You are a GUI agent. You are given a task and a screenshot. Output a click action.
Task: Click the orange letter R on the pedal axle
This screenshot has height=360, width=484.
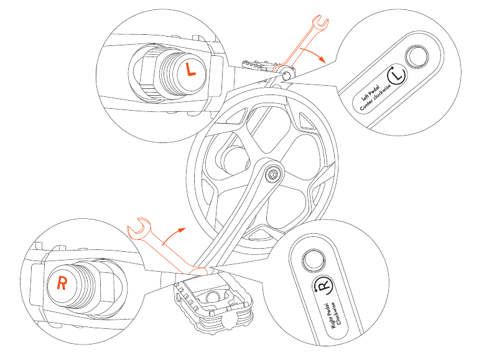62,284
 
